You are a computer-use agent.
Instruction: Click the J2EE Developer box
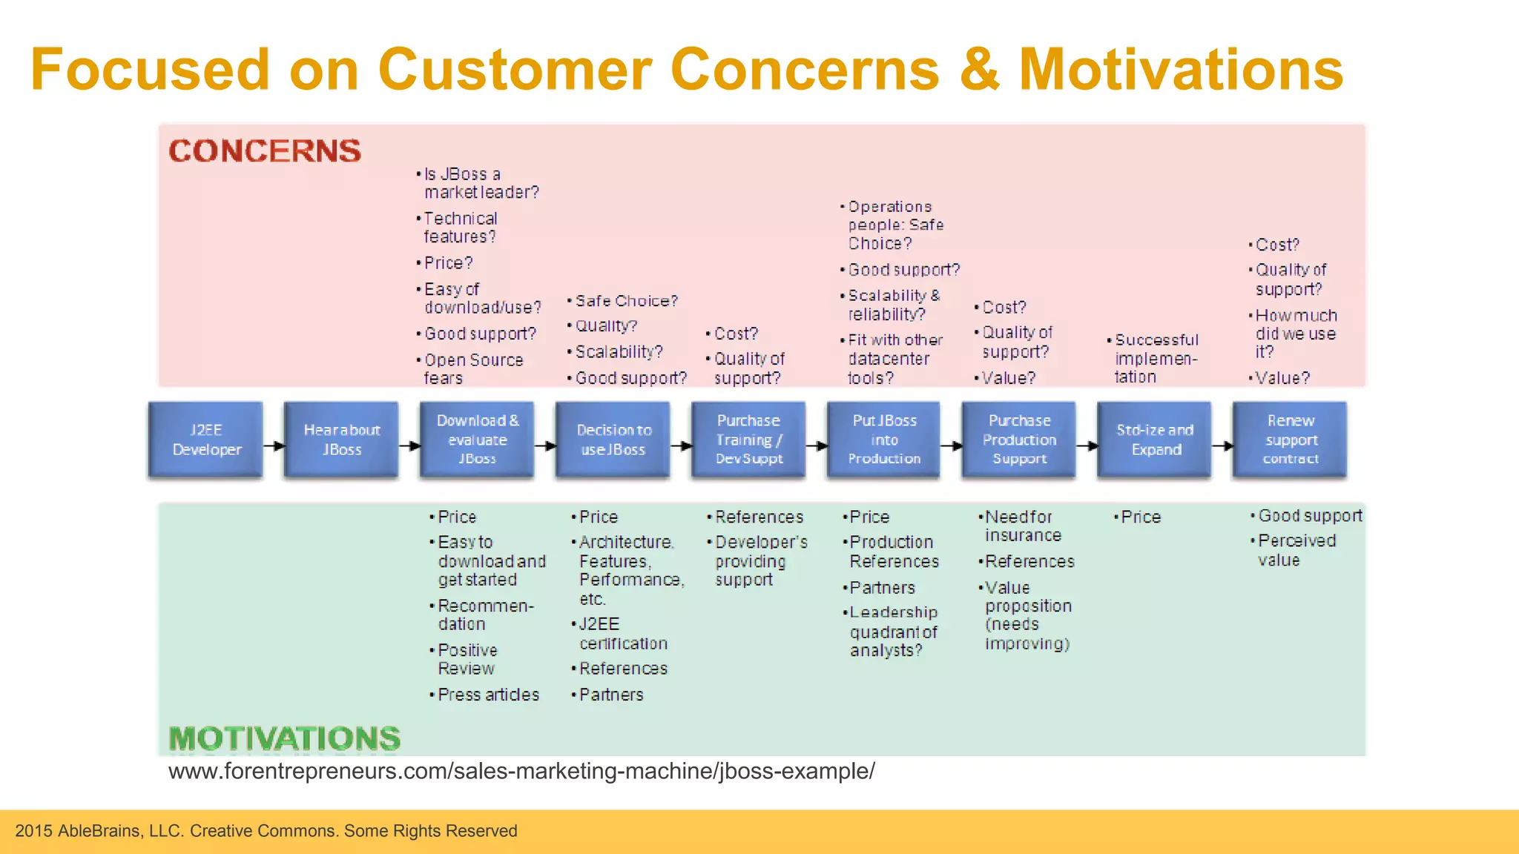pos(205,440)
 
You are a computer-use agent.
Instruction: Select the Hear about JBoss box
pos(341,440)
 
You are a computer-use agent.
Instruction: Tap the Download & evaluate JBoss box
pos(477,440)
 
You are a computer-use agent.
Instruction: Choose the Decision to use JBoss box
pos(613,440)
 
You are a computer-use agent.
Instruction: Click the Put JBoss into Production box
pos(883,440)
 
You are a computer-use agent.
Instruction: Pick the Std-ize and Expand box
pos(1154,440)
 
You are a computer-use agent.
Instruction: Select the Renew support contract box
pos(1290,440)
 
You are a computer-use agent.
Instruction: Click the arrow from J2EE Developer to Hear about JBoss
pos(274,446)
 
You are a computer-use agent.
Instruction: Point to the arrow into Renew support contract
pos(1222,446)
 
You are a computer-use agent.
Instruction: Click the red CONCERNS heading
pos(265,151)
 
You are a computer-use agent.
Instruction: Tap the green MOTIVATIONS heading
pos(285,738)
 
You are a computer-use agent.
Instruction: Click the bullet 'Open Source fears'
pos(472,368)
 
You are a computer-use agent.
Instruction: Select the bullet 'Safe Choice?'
pos(626,301)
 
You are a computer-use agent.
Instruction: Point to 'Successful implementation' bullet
pos(1156,358)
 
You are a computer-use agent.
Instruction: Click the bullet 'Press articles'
pos(487,695)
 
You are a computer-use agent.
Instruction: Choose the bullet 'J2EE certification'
pos(622,634)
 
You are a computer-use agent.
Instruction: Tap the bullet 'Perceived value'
pos(1295,550)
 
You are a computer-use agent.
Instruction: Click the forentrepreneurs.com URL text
pos(521,771)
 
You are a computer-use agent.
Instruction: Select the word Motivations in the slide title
pos(1181,69)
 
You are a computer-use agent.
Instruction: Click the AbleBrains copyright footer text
pos(266,831)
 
